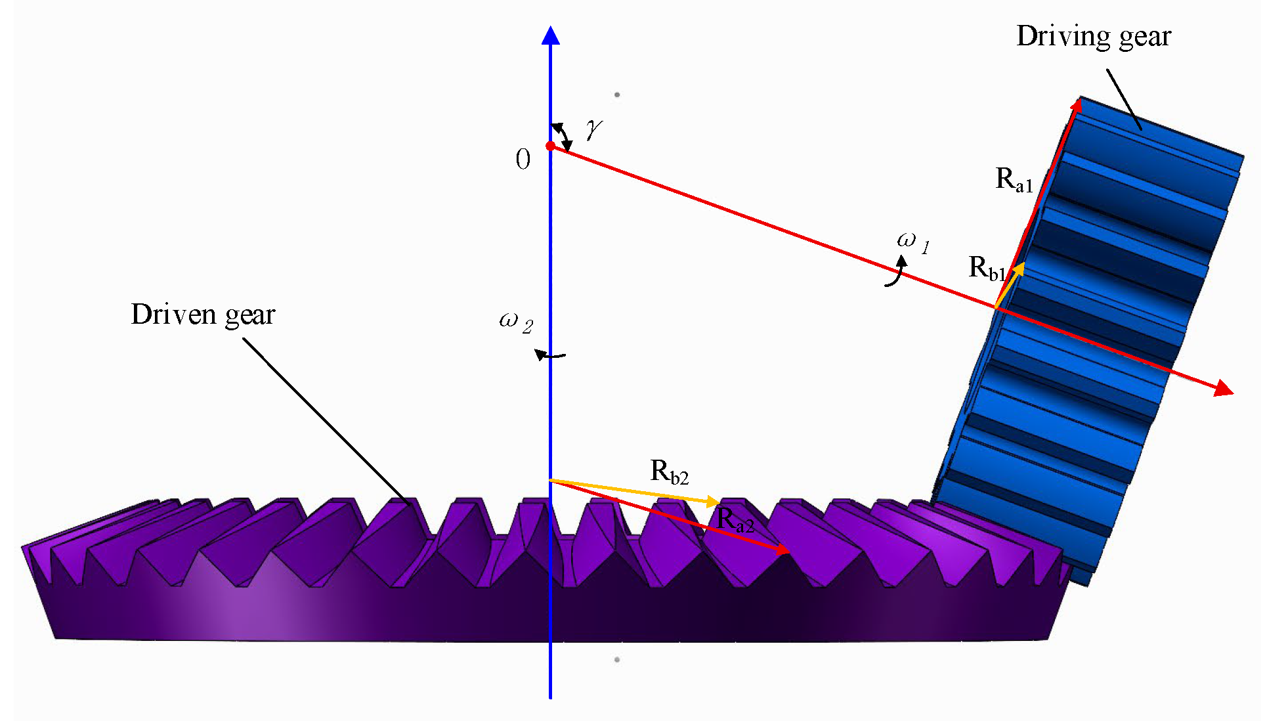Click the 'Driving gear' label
point(1093,37)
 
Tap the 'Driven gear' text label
point(203,315)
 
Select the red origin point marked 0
point(550,146)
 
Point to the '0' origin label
point(523,160)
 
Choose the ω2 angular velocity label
point(516,322)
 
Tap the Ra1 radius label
point(1014,179)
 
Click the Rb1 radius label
point(987,268)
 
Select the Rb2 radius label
point(669,471)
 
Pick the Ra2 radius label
point(735,519)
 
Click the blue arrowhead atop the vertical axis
point(550,35)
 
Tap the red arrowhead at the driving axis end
point(1223,389)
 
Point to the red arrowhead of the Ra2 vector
point(783,550)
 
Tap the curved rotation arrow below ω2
point(549,355)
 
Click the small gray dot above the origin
point(617,95)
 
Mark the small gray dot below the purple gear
point(617,659)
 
